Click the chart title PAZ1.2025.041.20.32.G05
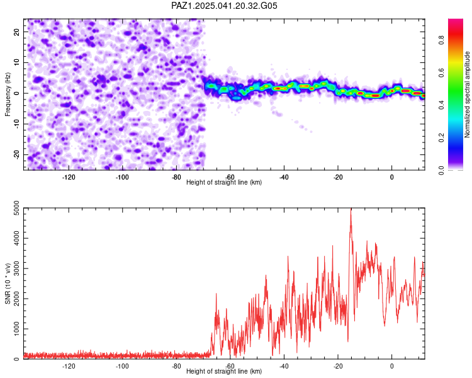224,6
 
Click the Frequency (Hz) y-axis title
8,94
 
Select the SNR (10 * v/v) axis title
8,283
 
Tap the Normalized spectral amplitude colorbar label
467,94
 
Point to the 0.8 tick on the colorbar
441,40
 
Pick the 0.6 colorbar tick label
441,72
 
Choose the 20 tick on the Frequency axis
17,31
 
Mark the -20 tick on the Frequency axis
17,154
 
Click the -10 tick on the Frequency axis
17,124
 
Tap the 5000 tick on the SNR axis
17,208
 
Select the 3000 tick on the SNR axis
17,268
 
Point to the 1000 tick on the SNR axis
17,329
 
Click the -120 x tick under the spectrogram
69,177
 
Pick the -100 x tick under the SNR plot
122,366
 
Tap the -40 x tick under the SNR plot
284,366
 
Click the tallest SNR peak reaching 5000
351,209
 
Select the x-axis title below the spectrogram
224,182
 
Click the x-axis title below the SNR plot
224,371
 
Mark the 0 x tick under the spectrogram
391,177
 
